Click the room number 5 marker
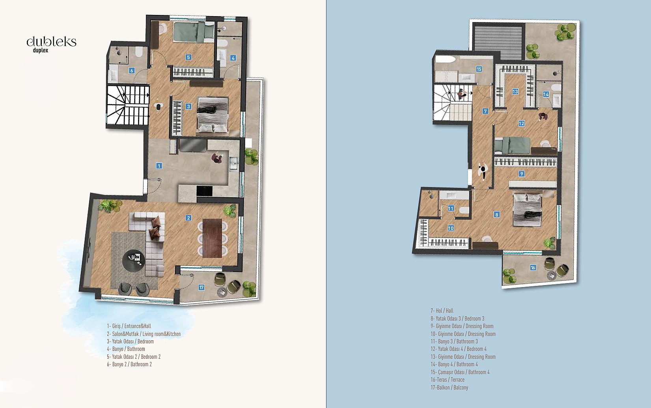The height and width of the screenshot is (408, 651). [188, 57]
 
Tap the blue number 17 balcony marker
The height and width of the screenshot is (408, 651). [201, 287]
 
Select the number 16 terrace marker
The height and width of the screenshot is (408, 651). [533, 267]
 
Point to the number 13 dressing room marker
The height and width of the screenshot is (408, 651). [515, 92]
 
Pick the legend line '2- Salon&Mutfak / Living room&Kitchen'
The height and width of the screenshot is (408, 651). [144, 334]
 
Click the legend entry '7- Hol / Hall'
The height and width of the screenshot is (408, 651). [442, 311]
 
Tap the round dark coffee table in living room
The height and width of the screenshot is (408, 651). [133, 261]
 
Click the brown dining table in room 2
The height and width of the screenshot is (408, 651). [212, 238]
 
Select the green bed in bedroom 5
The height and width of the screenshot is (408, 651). [194, 32]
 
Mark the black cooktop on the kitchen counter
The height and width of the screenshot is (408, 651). [204, 191]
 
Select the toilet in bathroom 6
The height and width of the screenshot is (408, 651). [138, 52]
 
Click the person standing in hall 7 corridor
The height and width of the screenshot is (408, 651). [483, 171]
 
